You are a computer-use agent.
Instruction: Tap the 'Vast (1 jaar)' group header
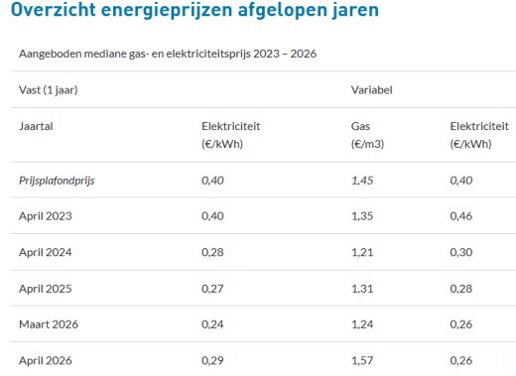click(x=49, y=89)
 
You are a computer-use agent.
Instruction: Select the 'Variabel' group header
click(x=372, y=89)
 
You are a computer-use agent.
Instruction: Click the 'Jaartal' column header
click(x=37, y=127)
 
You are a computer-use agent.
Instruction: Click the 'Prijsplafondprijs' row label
click(x=59, y=180)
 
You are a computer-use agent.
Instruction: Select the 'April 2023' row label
click(x=45, y=215)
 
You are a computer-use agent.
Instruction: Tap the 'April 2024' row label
click(x=45, y=252)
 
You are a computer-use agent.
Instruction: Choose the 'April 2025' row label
click(x=45, y=288)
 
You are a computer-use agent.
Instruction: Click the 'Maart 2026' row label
click(x=48, y=324)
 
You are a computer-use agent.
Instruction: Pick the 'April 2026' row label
click(x=45, y=360)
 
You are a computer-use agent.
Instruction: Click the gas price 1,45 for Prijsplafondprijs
click(x=363, y=180)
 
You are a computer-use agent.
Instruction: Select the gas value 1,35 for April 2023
click(x=363, y=215)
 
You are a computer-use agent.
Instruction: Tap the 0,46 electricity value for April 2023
click(x=461, y=215)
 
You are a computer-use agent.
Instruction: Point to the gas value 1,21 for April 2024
click(x=362, y=252)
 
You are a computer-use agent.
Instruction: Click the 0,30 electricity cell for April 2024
click(x=461, y=252)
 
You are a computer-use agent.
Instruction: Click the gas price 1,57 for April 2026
click(x=363, y=360)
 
